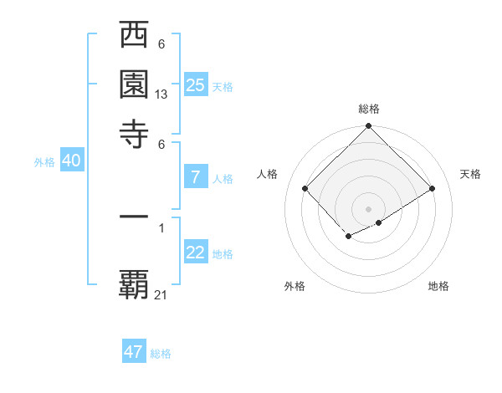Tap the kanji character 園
[x=135, y=84]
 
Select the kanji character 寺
[x=135, y=133]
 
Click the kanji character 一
[x=135, y=217]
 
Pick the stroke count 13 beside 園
[x=161, y=95]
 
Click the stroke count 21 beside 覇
[x=161, y=294]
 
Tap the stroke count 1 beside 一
[x=161, y=226]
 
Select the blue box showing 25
[x=196, y=84]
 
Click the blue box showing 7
[x=196, y=176]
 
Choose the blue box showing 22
[x=196, y=253]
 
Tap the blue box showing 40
[x=71, y=161]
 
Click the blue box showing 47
[x=134, y=352]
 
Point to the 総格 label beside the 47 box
[x=161, y=354]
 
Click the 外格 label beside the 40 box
[x=44, y=162]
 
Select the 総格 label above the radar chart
[x=369, y=109]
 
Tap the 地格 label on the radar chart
[x=438, y=286]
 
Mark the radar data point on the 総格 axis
[x=369, y=127]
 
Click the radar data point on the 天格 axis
[x=433, y=189]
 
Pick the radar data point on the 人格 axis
[x=305, y=189]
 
